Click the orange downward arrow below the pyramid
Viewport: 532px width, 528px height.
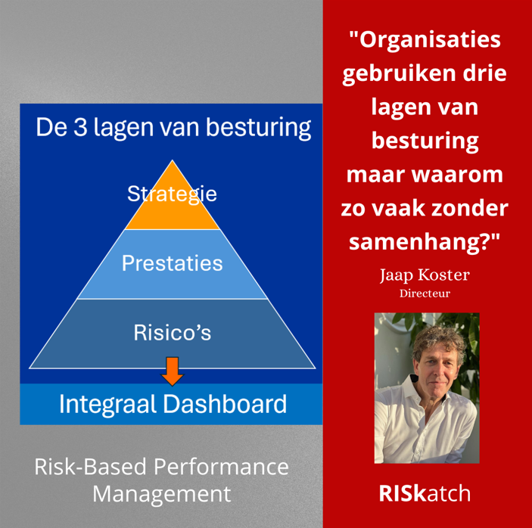click(173, 371)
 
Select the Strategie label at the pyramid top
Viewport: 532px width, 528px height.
click(173, 194)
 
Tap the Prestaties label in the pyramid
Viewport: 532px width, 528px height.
click(173, 262)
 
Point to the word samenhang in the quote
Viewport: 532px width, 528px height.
click(417, 241)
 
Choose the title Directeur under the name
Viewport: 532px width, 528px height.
click(425, 293)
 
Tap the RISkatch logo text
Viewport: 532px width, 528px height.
click(425, 493)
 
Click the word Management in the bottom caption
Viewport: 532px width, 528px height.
click(161, 494)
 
